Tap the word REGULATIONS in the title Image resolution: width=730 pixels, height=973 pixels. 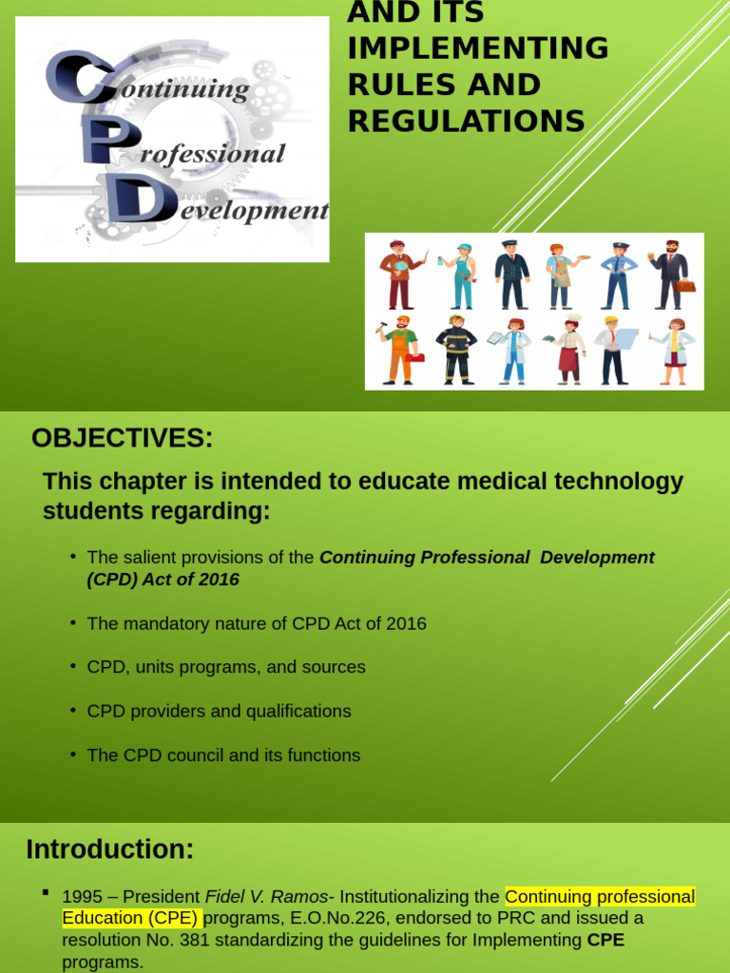pos(466,121)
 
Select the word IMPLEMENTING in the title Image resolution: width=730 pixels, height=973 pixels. pos(477,48)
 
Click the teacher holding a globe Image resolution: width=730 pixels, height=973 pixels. pos(399,275)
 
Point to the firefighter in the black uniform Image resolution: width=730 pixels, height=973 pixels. pos(456,350)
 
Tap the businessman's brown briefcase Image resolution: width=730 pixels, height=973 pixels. pos(685,285)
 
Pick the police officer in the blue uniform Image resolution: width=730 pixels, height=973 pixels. pos(618,275)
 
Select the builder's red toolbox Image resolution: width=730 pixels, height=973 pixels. pos(414,358)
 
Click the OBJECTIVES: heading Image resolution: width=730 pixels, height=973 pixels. pos(123,438)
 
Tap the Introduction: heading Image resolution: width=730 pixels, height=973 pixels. pos(110,849)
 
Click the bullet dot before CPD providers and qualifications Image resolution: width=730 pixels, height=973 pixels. pos(73,710)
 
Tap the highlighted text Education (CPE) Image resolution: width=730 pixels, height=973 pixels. pos(130,918)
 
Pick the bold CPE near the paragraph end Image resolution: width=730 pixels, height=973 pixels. pos(606,939)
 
